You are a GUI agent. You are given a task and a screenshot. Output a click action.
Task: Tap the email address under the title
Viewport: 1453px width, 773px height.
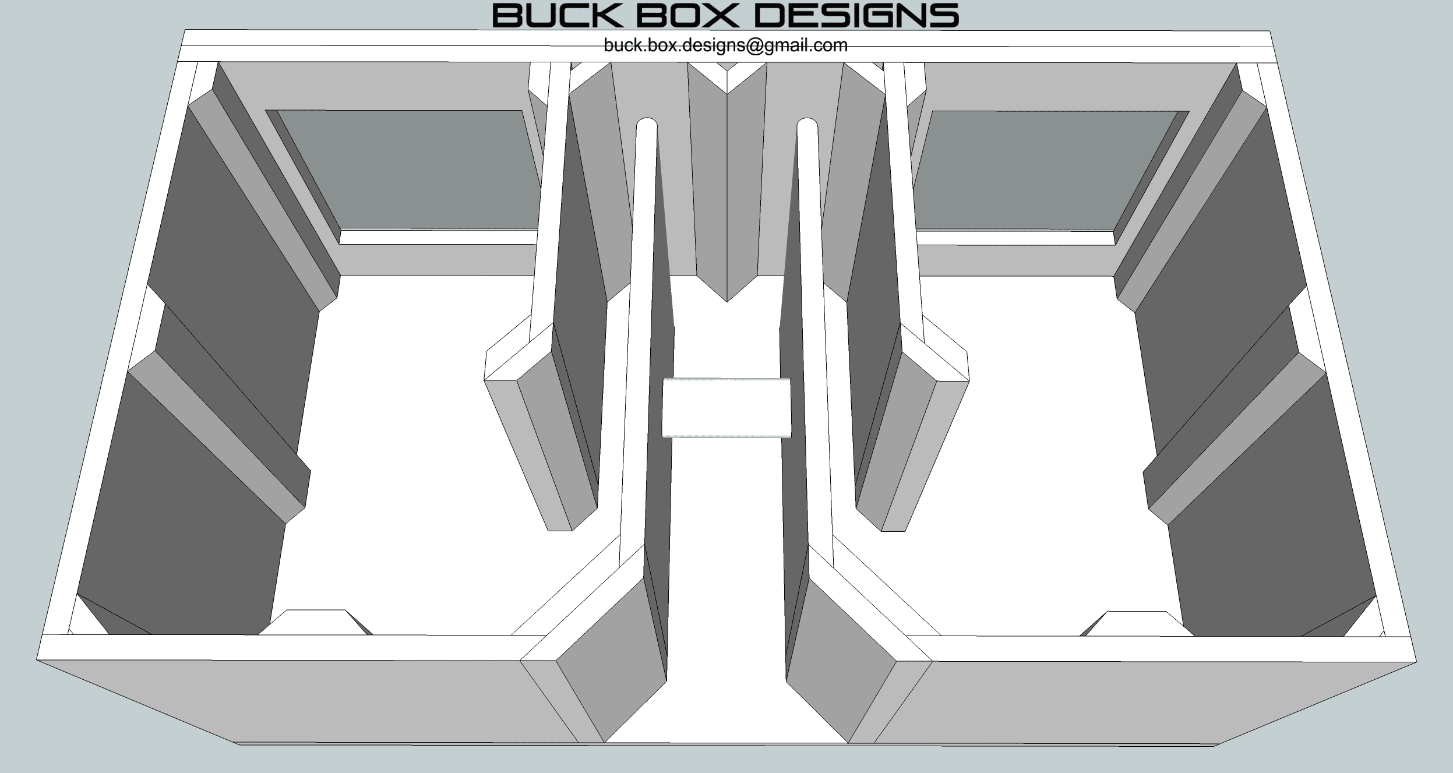coord(725,45)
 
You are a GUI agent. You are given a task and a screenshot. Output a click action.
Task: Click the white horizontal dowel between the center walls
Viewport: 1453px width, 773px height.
coord(726,407)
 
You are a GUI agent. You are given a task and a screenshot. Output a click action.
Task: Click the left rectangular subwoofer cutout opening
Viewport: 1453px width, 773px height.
coord(408,170)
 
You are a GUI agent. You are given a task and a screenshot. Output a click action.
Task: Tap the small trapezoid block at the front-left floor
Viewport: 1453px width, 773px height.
coord(315,622)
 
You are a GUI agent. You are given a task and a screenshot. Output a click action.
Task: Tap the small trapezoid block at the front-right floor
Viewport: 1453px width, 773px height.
coord(1136,623)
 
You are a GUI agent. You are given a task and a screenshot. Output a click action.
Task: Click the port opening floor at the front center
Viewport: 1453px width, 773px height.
coord(726,670)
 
